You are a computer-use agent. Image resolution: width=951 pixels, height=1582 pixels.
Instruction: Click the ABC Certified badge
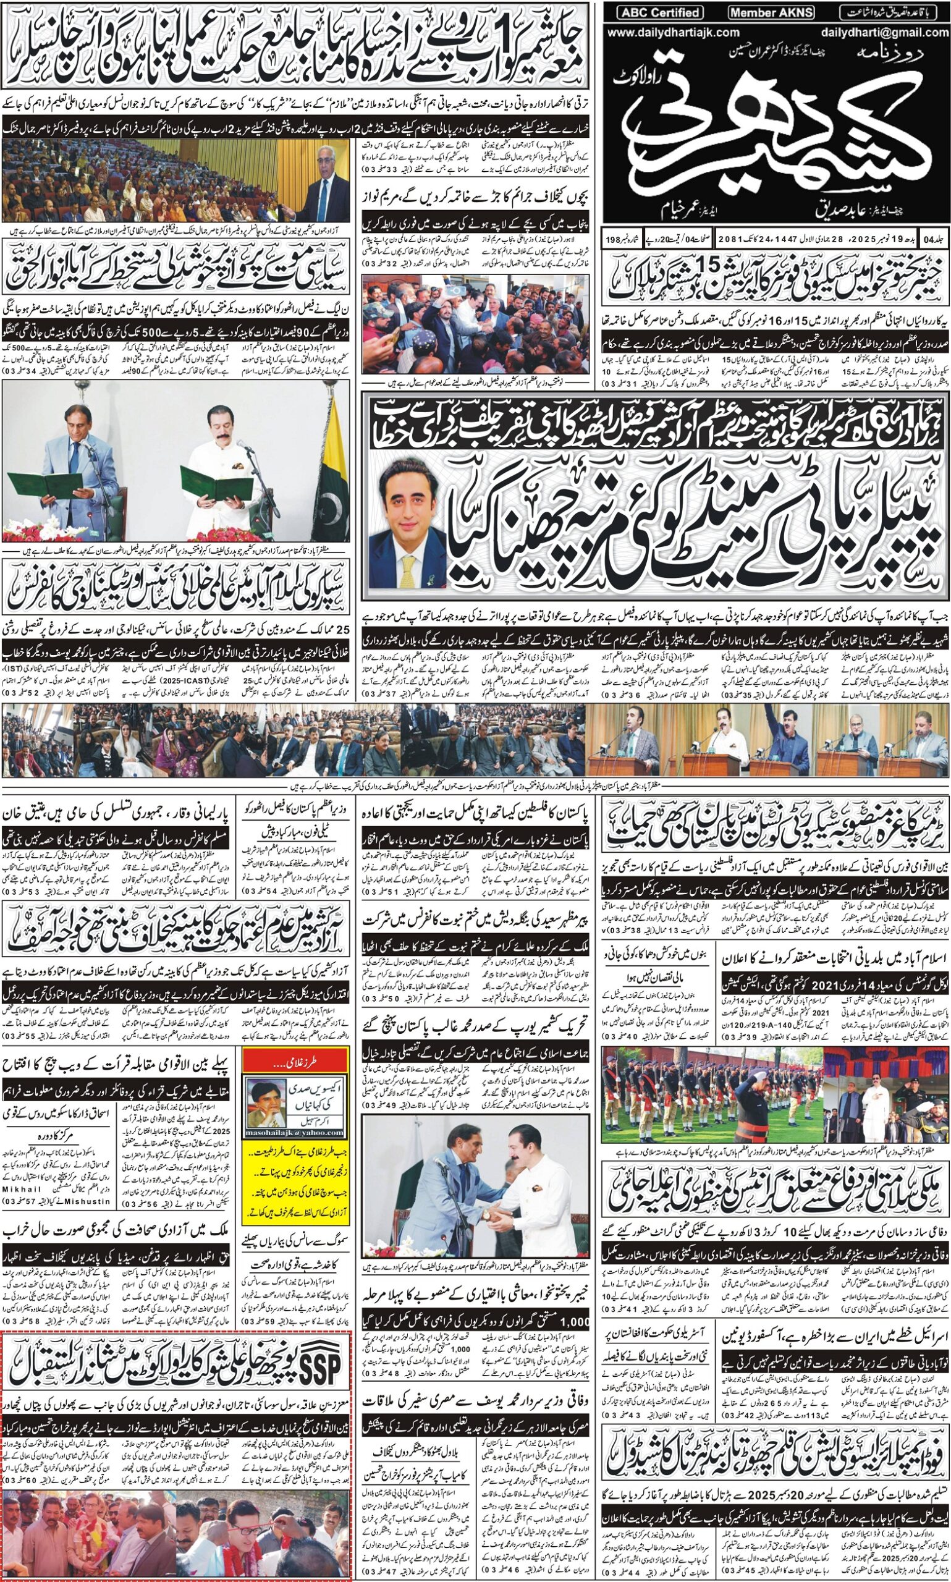pos(660,12)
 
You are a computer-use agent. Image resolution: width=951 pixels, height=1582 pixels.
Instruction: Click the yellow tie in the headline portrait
pos(408,569)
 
